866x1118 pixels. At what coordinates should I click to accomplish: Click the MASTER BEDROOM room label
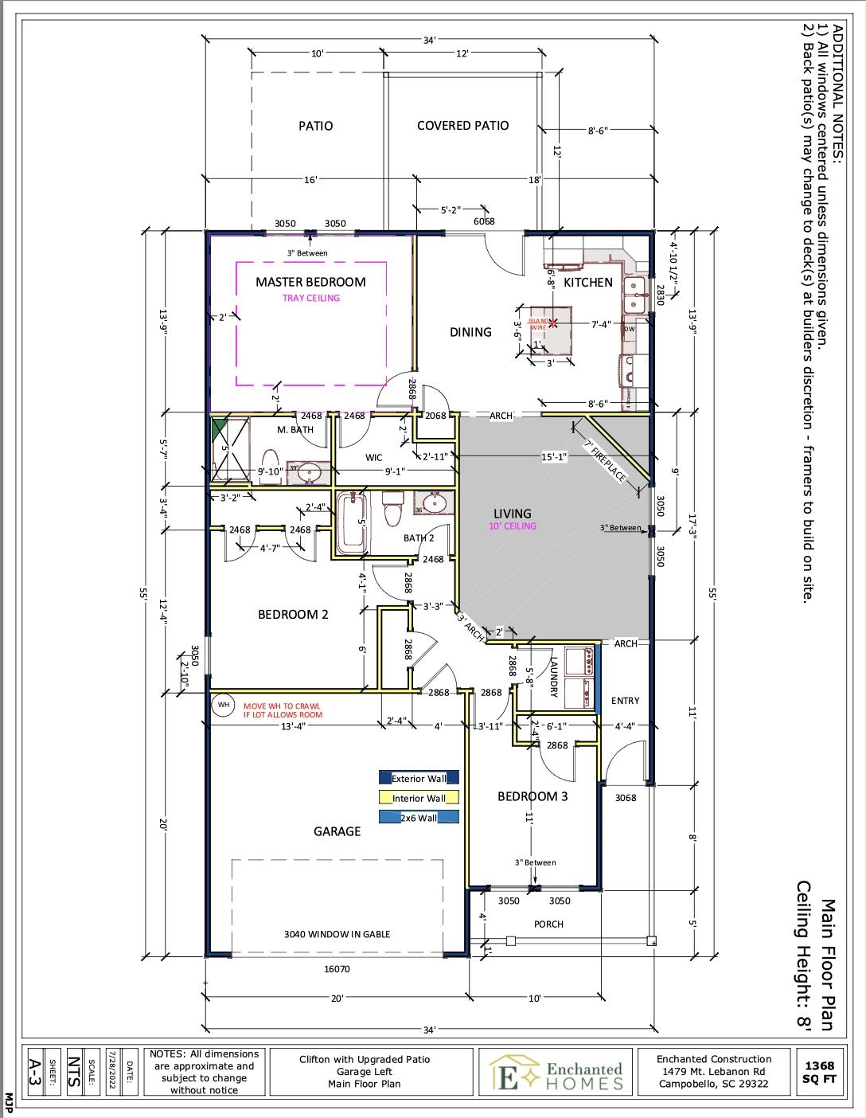tap(310, 282)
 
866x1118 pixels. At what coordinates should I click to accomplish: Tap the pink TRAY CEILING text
tap(310, 299)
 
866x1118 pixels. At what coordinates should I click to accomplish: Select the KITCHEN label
tap(588, 283)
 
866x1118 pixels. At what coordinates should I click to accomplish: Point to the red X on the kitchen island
tap(552, 323)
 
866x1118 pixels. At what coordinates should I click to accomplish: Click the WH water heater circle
tap(224, 705)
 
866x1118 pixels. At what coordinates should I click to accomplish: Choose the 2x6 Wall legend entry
tap(419, 817)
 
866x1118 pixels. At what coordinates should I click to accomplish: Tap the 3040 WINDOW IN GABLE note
tap(337, 934)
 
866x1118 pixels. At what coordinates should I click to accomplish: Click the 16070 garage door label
tap(337, 969)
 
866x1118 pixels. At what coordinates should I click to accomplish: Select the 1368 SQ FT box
tap(819, 1072)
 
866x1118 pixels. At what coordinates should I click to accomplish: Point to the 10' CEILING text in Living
tap(513, 526)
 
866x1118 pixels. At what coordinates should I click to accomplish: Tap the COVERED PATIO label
tap(462, 126)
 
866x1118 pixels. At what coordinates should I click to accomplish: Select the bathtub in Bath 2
tap(351, 523)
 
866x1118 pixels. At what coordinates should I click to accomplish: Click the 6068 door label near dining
tap(483, 221)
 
